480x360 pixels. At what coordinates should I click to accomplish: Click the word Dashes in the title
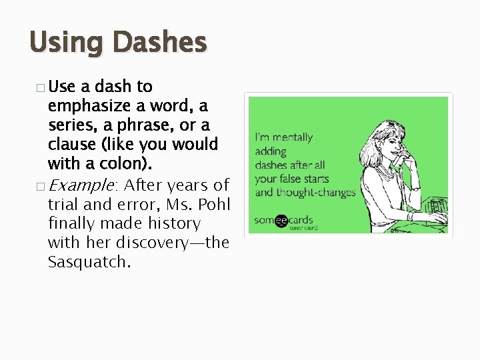pyautogui.click(x=160, y=43)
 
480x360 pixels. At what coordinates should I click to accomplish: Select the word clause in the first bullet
pyautogui.click(x=72, y=145)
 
